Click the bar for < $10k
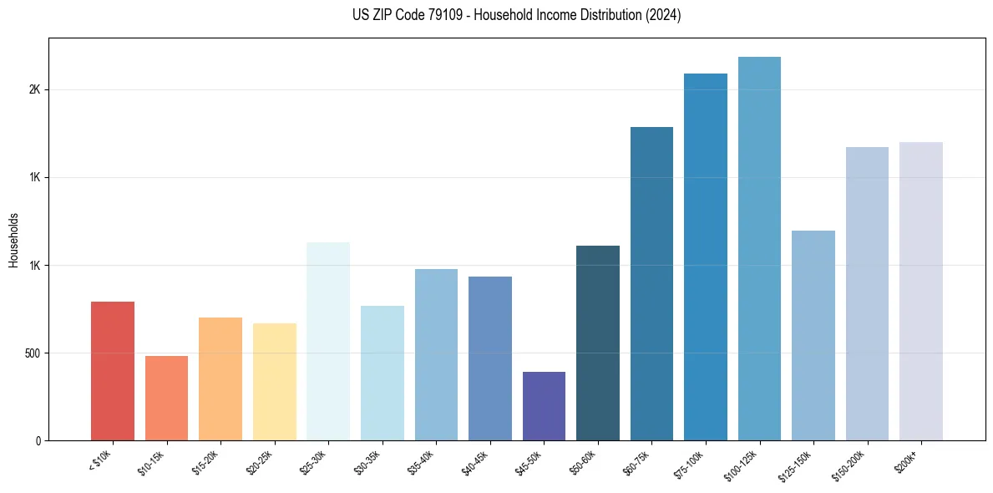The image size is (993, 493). point(113,371)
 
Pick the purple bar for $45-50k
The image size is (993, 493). point(544,406)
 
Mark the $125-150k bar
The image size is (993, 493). point(813,335)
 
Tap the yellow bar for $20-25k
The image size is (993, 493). point(275,381)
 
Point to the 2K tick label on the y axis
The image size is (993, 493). point(34,90)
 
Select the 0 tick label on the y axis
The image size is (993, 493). point(38,441)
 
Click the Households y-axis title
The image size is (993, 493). point(13,240)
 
